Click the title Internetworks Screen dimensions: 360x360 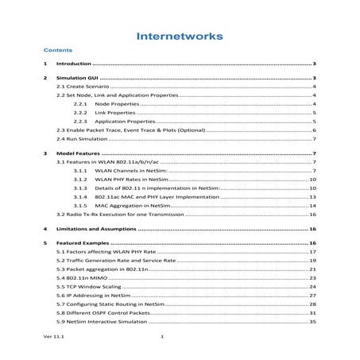(x=180, y=36)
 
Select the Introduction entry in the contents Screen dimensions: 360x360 (x=75, y=63)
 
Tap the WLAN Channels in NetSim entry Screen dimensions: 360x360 (x=130, y=170)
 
